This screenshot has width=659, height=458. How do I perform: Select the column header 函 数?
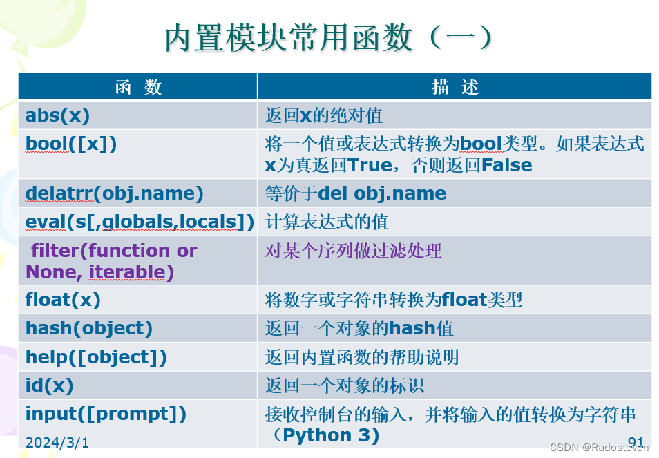[138, 86]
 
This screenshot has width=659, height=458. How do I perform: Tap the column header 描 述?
[455, 86]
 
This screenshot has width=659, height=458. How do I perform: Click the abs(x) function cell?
[58, 115]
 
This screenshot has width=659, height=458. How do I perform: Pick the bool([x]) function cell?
[71, 144]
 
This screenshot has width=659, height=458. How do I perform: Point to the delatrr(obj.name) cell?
[114, 193]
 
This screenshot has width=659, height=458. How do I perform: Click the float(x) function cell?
[63, 300]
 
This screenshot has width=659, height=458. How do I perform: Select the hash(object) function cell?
[89, 328]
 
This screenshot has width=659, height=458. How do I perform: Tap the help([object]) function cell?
[96, 357]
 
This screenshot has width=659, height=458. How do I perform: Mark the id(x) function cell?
[49, 385]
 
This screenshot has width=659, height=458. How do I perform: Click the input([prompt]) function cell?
[106, 414]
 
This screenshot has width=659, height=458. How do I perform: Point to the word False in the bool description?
[506, 166]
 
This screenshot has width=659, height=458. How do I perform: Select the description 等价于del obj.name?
[356, 193]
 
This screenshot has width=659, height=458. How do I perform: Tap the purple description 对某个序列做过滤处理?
[353, 250]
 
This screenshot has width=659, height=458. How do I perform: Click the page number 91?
[636, 441]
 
